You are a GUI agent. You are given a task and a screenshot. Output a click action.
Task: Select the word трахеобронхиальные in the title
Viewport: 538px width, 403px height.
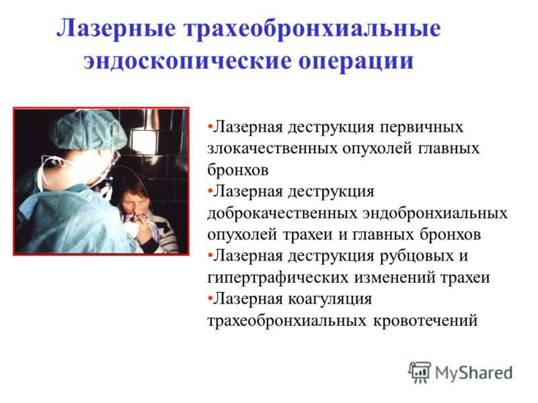312,29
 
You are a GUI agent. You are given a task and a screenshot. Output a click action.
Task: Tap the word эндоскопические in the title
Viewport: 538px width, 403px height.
188,62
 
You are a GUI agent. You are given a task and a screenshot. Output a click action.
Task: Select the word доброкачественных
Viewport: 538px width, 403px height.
282,214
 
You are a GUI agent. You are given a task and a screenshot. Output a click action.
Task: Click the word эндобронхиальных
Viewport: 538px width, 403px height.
434,214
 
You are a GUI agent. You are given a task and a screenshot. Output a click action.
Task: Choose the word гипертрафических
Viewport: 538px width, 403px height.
278,277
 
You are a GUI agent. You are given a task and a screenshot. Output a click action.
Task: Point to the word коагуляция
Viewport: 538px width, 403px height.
330,299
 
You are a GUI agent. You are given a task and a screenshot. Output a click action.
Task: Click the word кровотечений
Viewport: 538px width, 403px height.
425,321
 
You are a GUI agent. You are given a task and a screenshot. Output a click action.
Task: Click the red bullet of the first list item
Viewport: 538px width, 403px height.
210,126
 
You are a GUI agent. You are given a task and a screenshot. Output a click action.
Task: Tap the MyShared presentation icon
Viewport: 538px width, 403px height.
420,372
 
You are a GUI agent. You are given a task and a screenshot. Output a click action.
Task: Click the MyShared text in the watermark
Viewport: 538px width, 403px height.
473,373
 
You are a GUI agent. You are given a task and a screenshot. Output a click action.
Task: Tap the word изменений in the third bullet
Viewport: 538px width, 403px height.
395,277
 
